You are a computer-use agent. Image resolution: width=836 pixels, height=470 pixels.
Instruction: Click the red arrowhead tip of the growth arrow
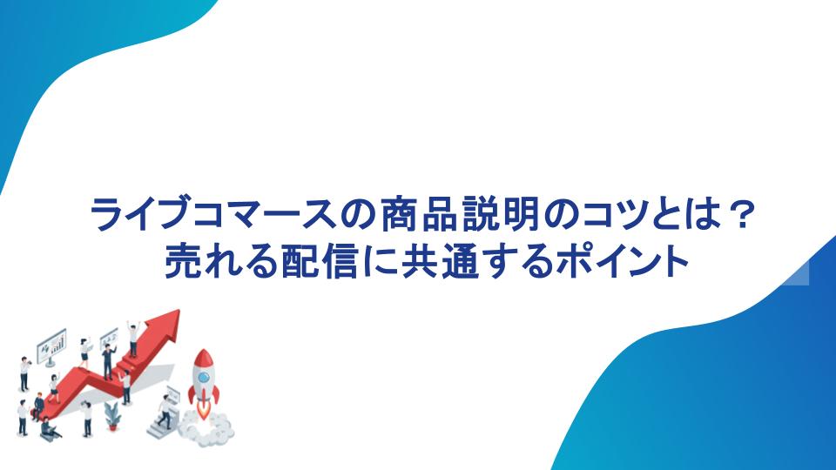[178, 312]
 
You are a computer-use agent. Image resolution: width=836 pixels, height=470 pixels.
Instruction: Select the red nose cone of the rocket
[203, 359]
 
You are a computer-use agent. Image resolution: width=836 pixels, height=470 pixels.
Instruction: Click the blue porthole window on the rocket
[203, 378]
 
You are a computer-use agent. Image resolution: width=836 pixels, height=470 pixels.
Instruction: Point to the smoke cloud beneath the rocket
[206, 426]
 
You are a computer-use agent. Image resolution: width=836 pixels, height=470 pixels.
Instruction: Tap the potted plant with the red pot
[112, 416]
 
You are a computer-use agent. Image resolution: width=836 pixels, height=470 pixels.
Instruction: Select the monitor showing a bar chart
[51, 346]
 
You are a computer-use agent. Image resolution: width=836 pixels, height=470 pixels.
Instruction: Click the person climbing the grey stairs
[165, 412]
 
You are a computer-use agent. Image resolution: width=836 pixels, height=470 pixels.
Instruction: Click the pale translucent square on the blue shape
[798, 273]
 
